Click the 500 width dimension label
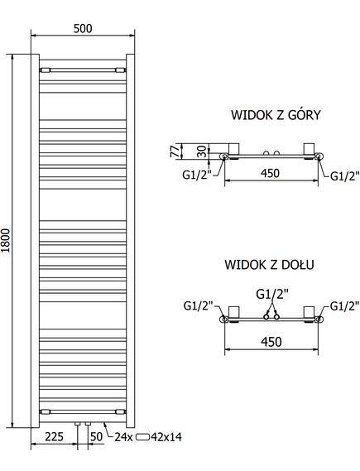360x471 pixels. tap(83, 28)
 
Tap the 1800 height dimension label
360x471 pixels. tap(6, 241)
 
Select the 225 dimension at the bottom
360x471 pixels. tap(55, 436)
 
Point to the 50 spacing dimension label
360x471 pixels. tap(96, 436)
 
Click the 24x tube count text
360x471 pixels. tap(123, 437)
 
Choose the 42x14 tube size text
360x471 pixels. tap(166, 437)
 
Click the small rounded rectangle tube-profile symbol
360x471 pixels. tap(142, 437)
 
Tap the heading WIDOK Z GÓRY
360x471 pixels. tap(276, 115)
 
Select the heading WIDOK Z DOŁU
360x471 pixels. tap(269, 264)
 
